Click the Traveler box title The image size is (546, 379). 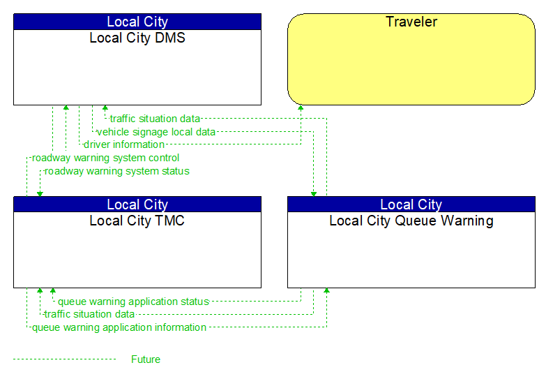pyautogui.click(x=411, y=22)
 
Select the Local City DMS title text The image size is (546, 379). pyautogui.click(x=137, y=38)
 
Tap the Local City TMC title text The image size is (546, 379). pyautogui.click(x=137, y=221)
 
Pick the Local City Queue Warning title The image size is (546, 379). pyautogui.click(x=411, y=221)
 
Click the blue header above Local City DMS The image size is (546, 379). pyautogui.click(x=137, y=22)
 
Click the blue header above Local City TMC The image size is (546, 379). pyautogui.click(x=137, y=205)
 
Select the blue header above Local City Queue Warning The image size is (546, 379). pyautogui.click(x=411, y=205)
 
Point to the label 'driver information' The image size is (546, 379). pyautogui.click(x=124, y=144)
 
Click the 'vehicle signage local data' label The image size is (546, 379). pyautogui.click(x=156, y=131)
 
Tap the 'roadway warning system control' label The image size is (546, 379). pyautogui.click(x=105, y=158)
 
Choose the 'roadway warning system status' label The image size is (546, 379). pyautogui.click(x=117, y=171)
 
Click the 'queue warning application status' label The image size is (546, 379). pyautogui.click(x=133, y=302)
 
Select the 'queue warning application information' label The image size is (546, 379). pyautogui.click(x=119, y=327)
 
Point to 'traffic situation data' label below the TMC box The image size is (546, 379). pyautogui.click(x=89, y=314)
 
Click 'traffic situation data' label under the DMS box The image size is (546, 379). pyautogui.click(x=155, y=119)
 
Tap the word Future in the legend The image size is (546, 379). pyautogui.click(x=146, y=359)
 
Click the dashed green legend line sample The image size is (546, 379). pyautogui.click(x=64, y=359)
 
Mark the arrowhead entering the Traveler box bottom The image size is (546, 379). pyautogui.click(x=301, y=108)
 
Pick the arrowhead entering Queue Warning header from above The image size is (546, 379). pyautogui.click(x=314, y=193)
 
